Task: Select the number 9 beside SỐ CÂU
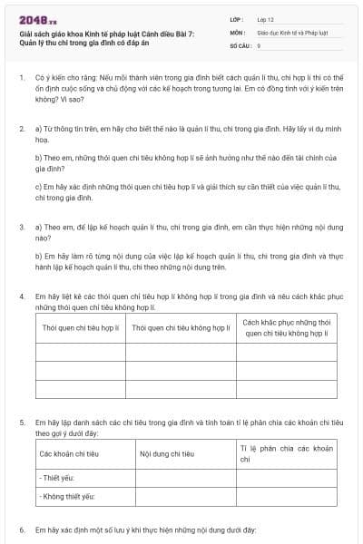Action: [x=259, y=44]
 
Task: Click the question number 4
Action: [x=21, y=296]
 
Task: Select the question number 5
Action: [x=21, y=423]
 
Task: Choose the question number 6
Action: [x=21, y=529]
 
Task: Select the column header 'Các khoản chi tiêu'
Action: [x=69, y=453]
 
